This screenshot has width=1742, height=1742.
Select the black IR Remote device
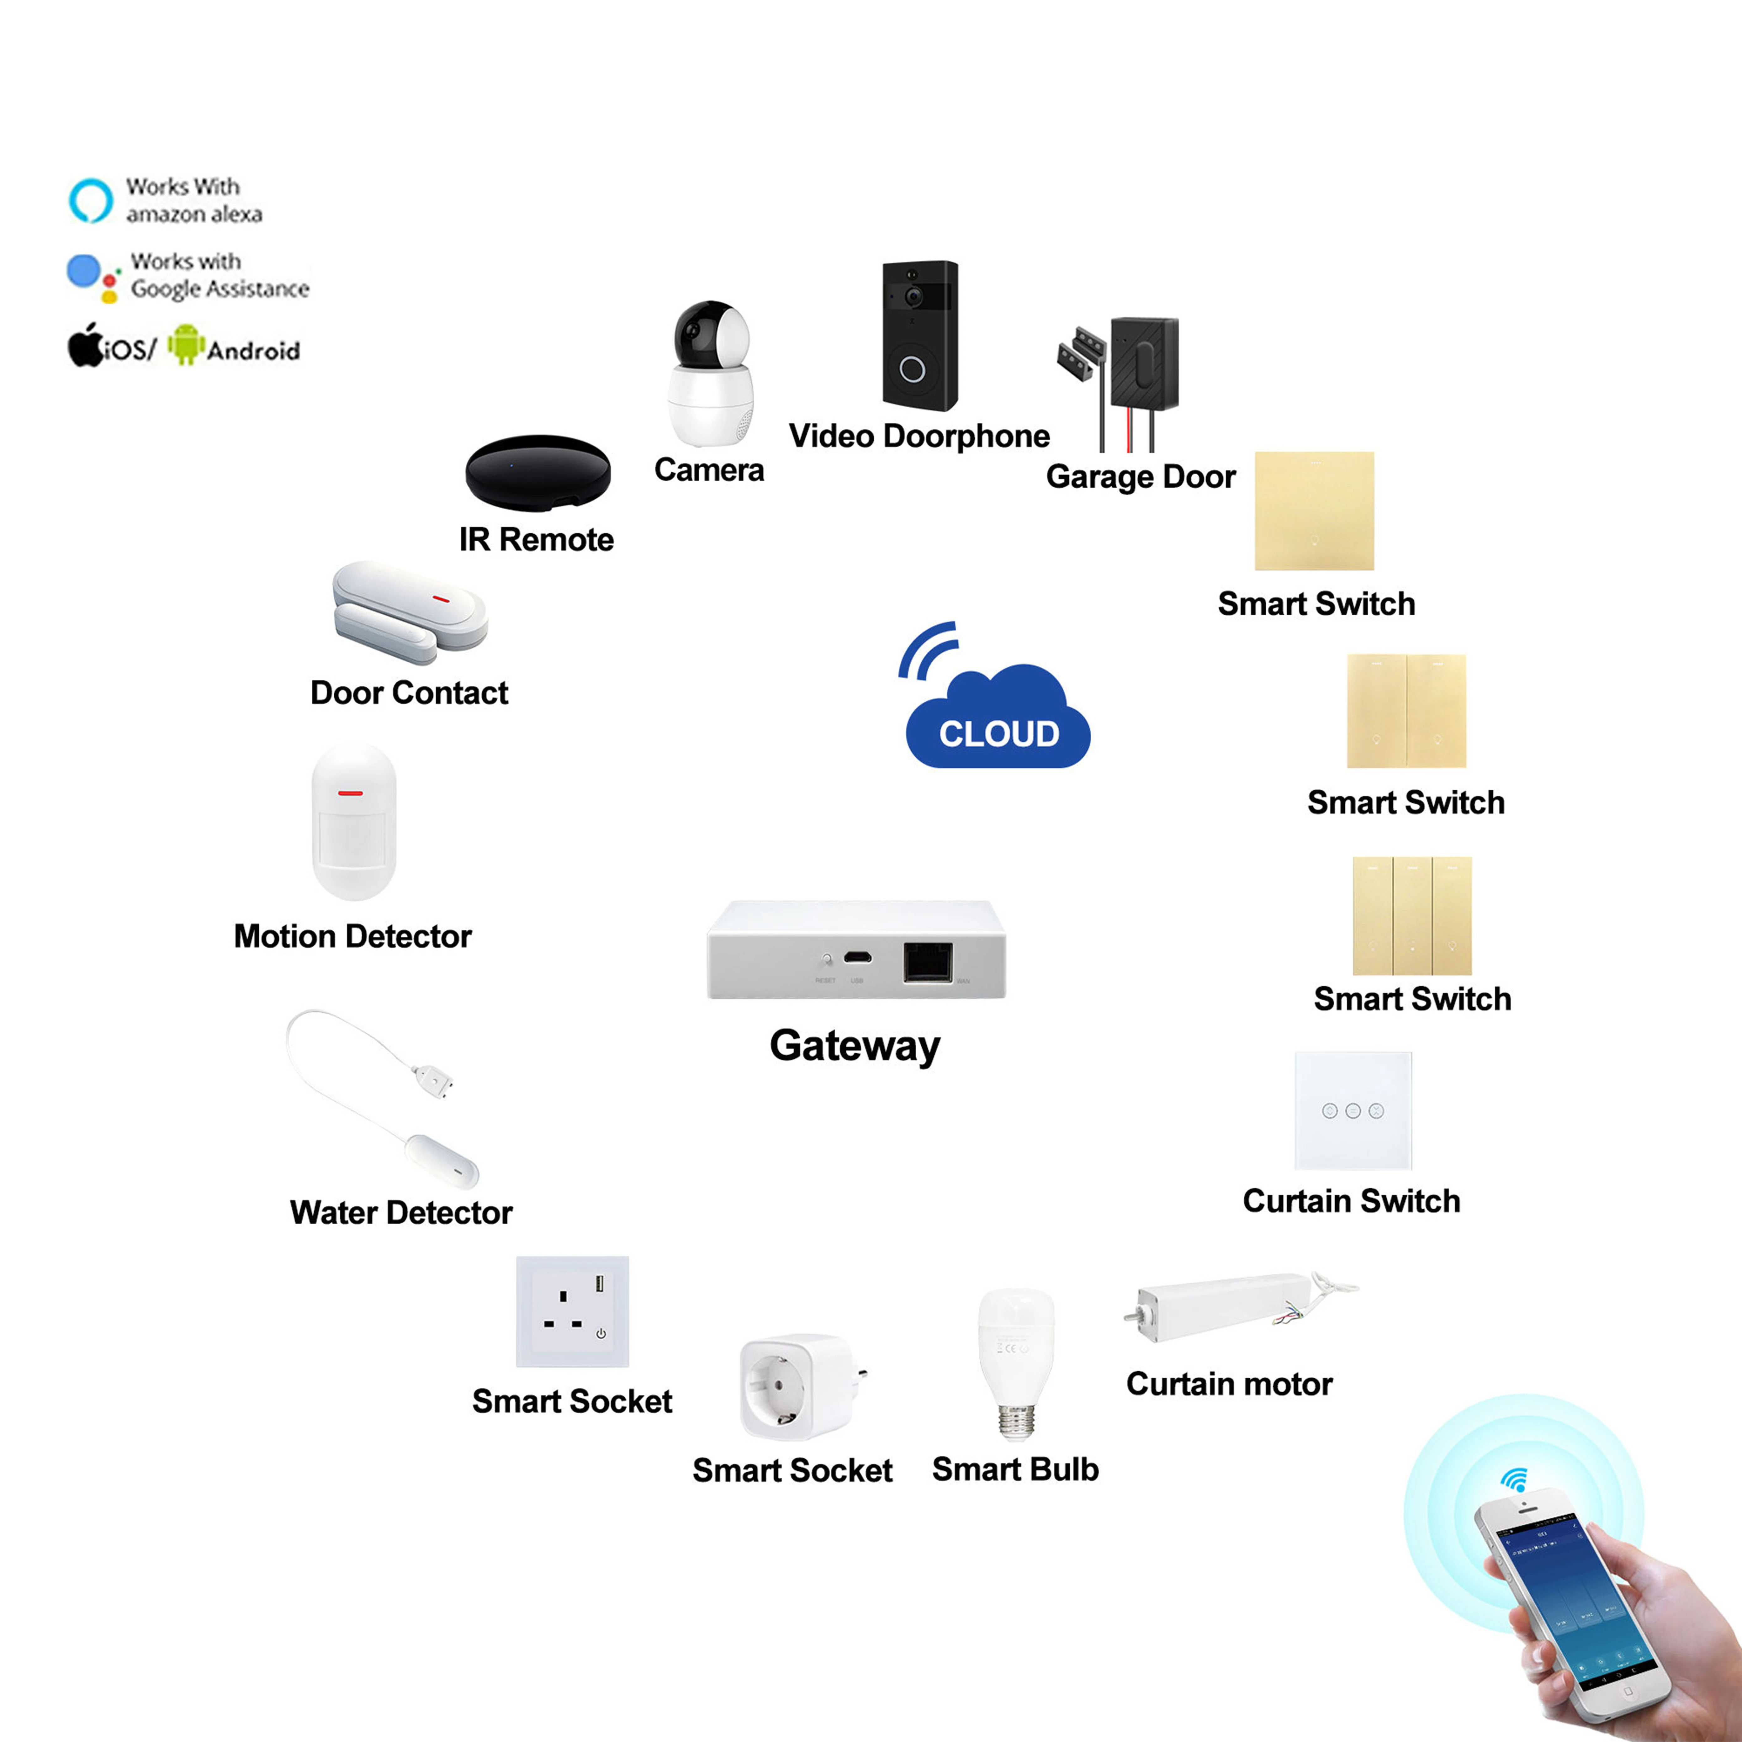pos(537,473)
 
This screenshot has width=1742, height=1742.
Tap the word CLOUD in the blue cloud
pos(999,734)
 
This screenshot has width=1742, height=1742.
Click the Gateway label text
pos(855,1046)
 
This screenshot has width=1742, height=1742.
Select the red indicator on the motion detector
pos(351,793)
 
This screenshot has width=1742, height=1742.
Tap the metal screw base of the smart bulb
pos(1016,1423)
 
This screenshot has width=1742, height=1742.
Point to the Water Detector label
pos(401,1213)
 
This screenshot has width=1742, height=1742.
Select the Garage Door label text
pos(1141,477)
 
